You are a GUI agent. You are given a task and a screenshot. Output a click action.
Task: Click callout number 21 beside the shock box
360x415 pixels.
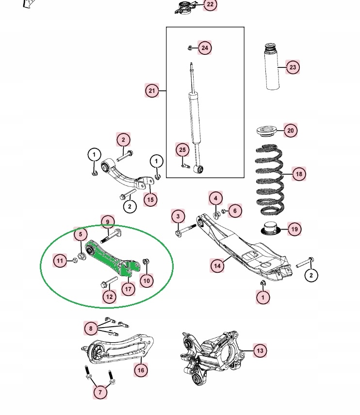152,91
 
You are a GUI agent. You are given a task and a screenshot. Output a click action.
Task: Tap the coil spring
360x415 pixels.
269,180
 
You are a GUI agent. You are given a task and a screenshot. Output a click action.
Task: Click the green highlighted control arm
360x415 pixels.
108,258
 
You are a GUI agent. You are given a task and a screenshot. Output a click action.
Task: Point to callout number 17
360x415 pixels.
128,290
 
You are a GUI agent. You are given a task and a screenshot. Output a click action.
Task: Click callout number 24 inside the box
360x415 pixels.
205,48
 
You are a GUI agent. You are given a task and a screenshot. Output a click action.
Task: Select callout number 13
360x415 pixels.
260,350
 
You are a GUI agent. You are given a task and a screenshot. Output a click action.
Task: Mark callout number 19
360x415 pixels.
294,229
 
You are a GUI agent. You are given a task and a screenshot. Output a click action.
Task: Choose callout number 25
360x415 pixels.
182,150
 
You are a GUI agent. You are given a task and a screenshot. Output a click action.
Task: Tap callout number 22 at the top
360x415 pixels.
210,5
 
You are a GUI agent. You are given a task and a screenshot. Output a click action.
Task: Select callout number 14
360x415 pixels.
217,266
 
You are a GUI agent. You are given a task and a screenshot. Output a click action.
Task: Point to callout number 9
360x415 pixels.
108,222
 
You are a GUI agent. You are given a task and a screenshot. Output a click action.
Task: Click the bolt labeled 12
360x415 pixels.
109,282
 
